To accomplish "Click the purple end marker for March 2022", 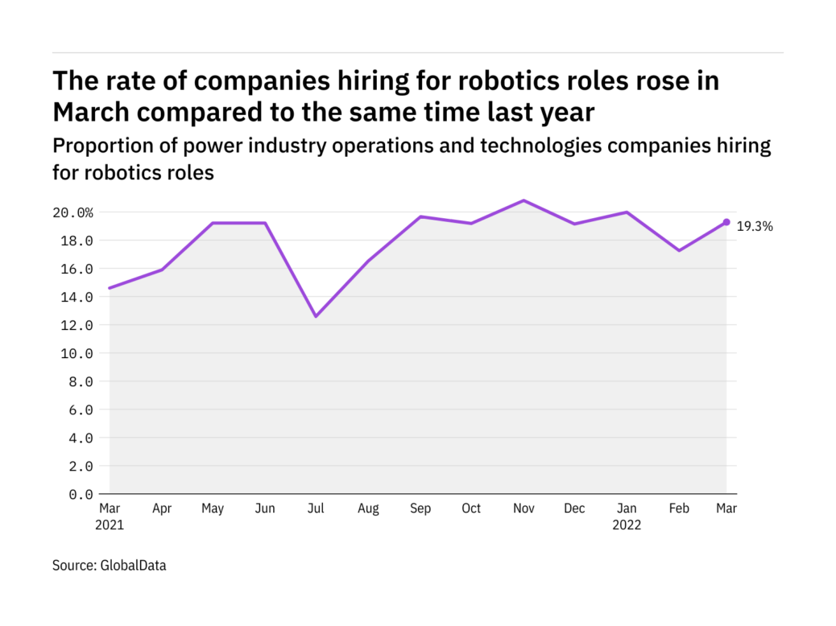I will pos(726,222).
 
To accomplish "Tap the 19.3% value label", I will pos(755,227).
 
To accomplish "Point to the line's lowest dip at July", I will pos(316,316).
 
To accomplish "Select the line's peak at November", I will pos(524,200).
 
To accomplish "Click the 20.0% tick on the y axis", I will pos(73,212).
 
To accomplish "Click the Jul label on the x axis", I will pos(316,509).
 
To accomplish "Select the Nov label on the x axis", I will pos(524,509).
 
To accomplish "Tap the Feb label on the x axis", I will pos(679,509).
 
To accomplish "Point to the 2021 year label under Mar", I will pos(110,524).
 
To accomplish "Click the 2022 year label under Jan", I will pos(627,524).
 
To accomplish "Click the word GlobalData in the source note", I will pos(133,566).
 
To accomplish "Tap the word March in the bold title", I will pos(89,113).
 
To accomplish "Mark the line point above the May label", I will pos(213,223).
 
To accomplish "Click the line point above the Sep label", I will pos(420,216).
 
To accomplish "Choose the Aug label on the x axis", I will pos(367,509).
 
